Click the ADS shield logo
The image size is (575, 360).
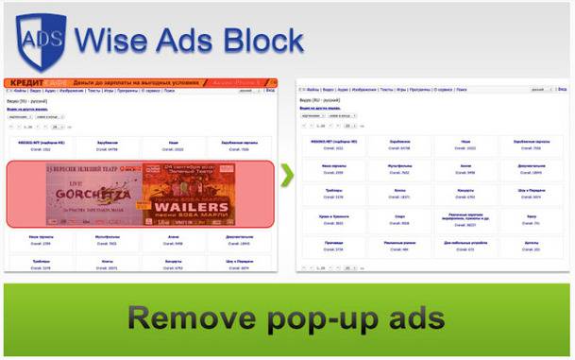[x=38, y=39]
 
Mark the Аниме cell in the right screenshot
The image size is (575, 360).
[x=464, y=169]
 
